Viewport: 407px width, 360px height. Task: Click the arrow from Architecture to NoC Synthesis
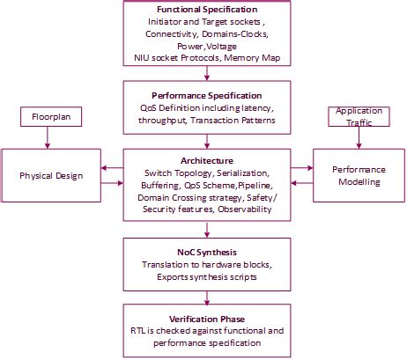[x=205, y=230]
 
